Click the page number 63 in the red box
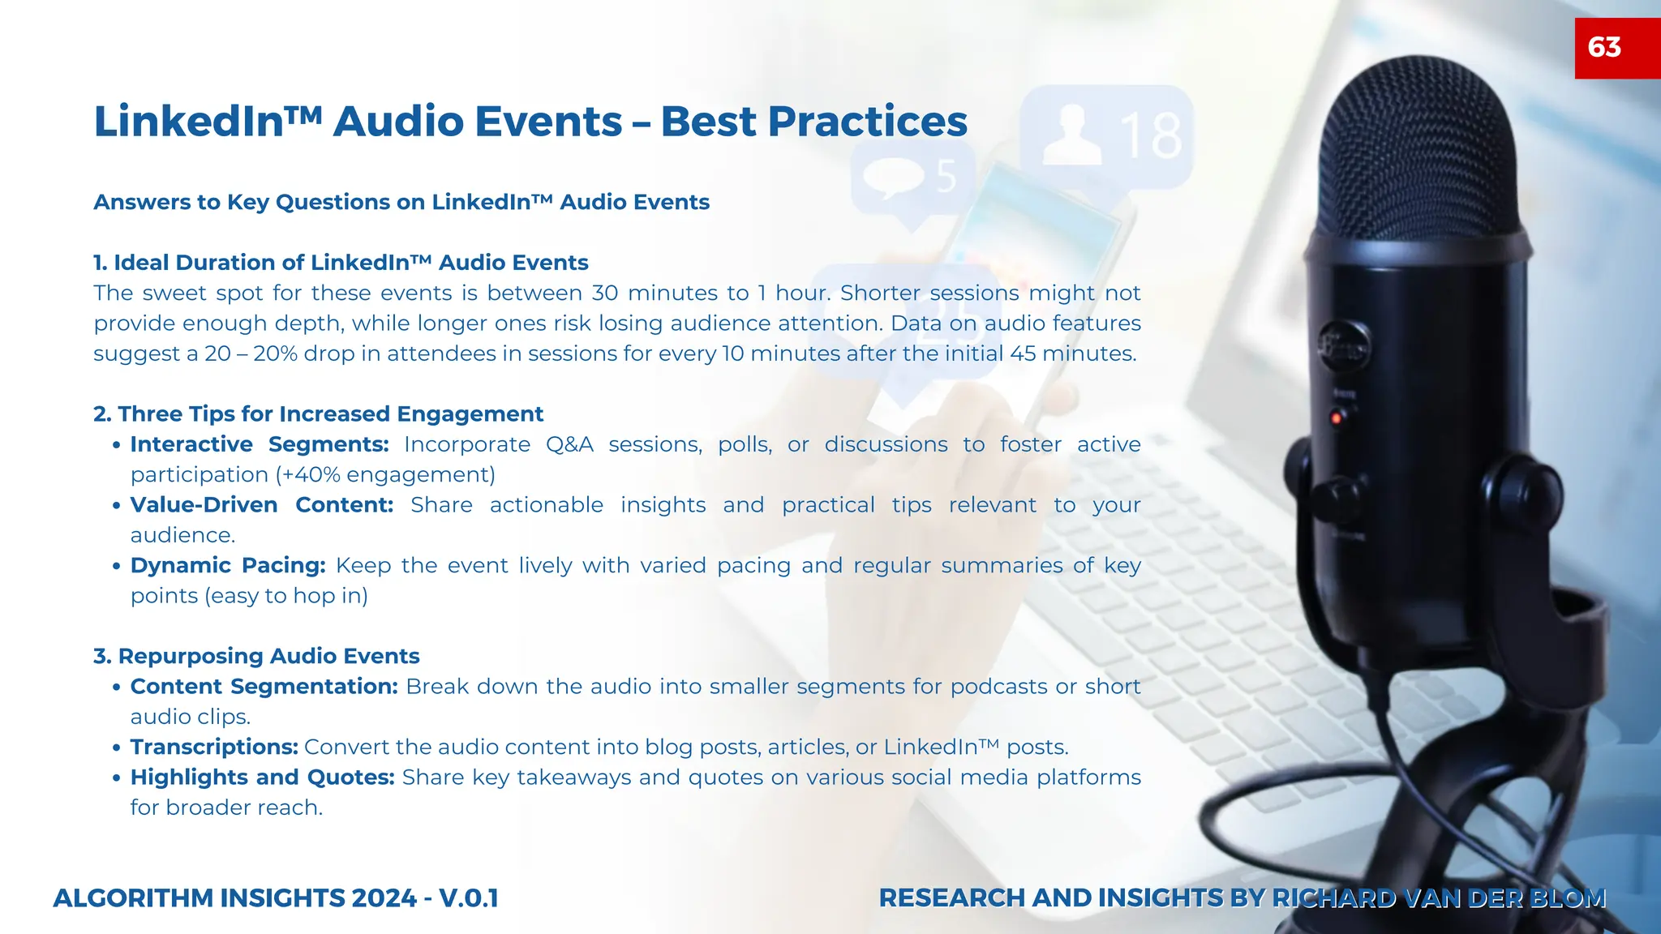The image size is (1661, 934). pos(1604,47)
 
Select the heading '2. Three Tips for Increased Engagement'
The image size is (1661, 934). pos(318,413)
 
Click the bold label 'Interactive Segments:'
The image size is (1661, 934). pos(260,444)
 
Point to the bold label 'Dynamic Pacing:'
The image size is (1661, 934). pos(228,565)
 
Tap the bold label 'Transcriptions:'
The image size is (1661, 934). pos(214,747)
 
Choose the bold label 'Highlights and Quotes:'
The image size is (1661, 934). pos(262,777)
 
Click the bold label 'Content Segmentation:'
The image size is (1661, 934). pos(264,686)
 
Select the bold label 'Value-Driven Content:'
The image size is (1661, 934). pos(261,504)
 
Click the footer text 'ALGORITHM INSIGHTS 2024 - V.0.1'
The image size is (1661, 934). pos(276,898)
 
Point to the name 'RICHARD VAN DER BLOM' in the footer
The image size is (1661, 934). pos(1439,898)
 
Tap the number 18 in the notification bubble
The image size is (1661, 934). pos(1151,135)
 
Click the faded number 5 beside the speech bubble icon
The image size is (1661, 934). pos(946,176)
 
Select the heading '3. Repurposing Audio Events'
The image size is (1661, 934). pos(256,656)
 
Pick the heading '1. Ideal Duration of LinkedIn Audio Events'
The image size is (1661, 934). pos(341,263)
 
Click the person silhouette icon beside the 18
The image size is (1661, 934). pos(1071,135)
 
